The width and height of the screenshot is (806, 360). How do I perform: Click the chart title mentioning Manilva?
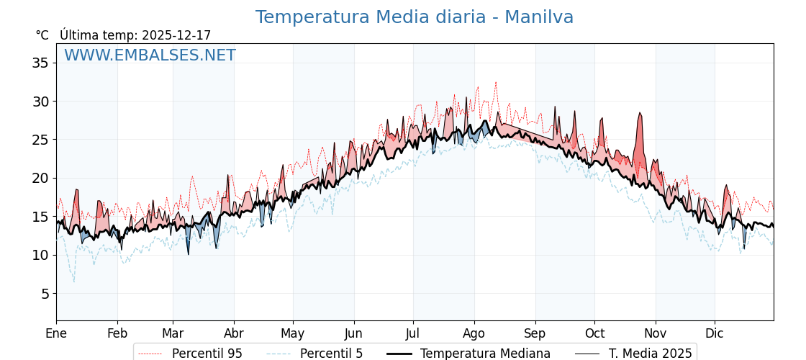pos(415,17)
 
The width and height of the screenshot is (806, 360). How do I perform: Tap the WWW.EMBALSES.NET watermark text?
pos(150,55)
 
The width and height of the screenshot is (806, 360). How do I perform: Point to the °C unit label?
pos(42,35)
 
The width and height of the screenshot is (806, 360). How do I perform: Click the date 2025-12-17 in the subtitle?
pos(176,35)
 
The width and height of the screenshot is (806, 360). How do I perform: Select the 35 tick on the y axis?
pos(40,63)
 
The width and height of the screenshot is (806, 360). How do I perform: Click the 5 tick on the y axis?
pos(44,293)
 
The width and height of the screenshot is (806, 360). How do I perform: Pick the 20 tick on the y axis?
pos(40,178)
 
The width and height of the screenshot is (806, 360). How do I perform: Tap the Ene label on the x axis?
pos(56,333)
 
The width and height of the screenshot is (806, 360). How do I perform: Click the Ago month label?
pos(474,333)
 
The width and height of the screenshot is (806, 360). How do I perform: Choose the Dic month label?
pos(715,333)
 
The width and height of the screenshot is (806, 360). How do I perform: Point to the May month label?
pos(293,333)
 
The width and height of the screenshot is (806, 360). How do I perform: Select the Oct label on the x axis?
pos(594,333)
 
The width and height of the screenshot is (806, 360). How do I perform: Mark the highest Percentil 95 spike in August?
pos(495,82)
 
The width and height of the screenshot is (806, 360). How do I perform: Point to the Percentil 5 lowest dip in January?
pos(73,282)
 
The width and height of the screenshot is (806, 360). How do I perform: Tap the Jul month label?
pos(413,333)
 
